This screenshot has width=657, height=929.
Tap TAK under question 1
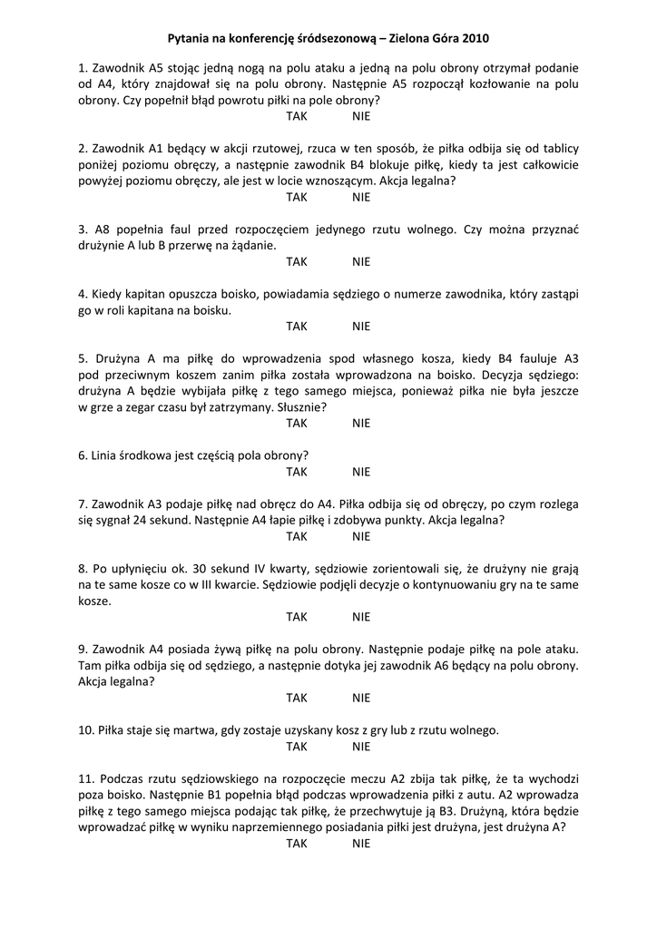(297, 116)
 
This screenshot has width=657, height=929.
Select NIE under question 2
(362, 197)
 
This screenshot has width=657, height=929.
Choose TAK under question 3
(297, 261)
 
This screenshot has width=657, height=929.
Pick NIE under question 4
(362, 326)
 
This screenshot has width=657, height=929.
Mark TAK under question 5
(297, 423)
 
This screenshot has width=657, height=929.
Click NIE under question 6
(362, 471)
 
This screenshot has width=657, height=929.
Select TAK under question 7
(297, 536)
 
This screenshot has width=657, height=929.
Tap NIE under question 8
(362, 617)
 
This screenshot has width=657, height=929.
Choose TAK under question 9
(297, 698)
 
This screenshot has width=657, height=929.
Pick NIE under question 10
(362, 747)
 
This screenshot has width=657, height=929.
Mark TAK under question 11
(297, 843)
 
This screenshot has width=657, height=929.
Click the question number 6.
(83, 455)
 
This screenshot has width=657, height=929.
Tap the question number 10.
(86, 730)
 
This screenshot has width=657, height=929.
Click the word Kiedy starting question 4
(109, 294)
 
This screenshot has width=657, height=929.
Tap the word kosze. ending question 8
(95, 601)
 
